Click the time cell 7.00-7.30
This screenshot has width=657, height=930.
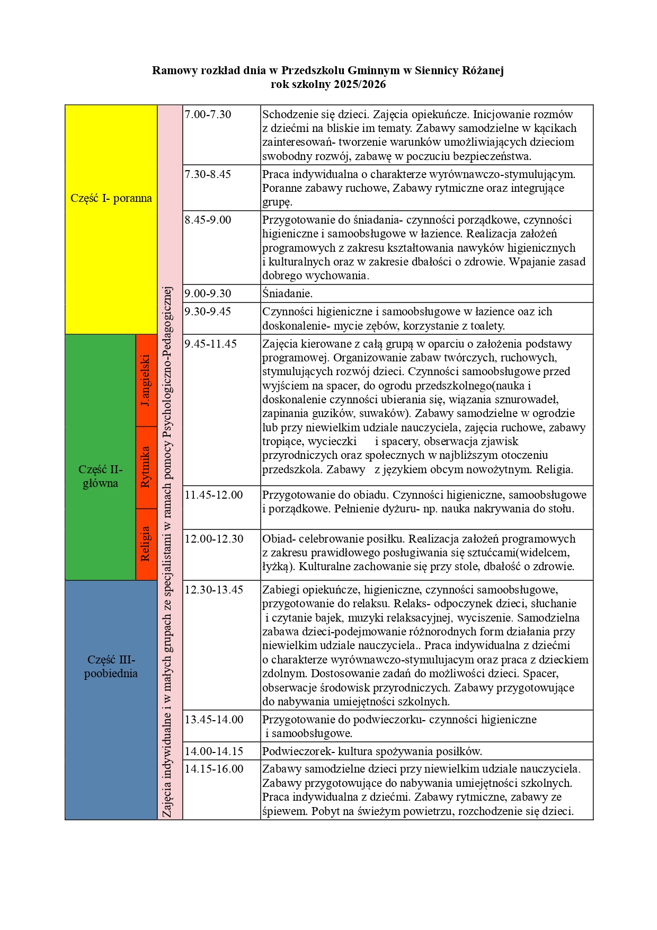[x=208, y=114]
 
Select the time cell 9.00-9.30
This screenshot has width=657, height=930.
[x=208, y=294]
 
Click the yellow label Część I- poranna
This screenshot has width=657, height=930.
[x=111, y=198]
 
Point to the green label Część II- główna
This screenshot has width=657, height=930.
[x=100, y=476]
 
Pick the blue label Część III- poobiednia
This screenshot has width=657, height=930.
[x=111, y=667]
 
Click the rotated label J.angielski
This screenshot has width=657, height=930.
[x=146, y=380]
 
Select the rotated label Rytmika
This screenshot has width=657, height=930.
[x=146, y=467]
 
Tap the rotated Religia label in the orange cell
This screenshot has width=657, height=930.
[x=146, y=544]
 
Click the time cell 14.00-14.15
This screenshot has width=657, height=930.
[x=214, y=751]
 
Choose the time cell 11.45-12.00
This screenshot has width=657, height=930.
[x=214, y=495]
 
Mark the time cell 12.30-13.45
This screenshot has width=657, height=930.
[x=214, y=590]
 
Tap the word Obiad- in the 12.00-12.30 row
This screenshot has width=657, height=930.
[x=279, y=539]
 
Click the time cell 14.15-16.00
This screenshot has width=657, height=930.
[x=214, y=769]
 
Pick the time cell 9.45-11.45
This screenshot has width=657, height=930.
[x=210, y=344]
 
